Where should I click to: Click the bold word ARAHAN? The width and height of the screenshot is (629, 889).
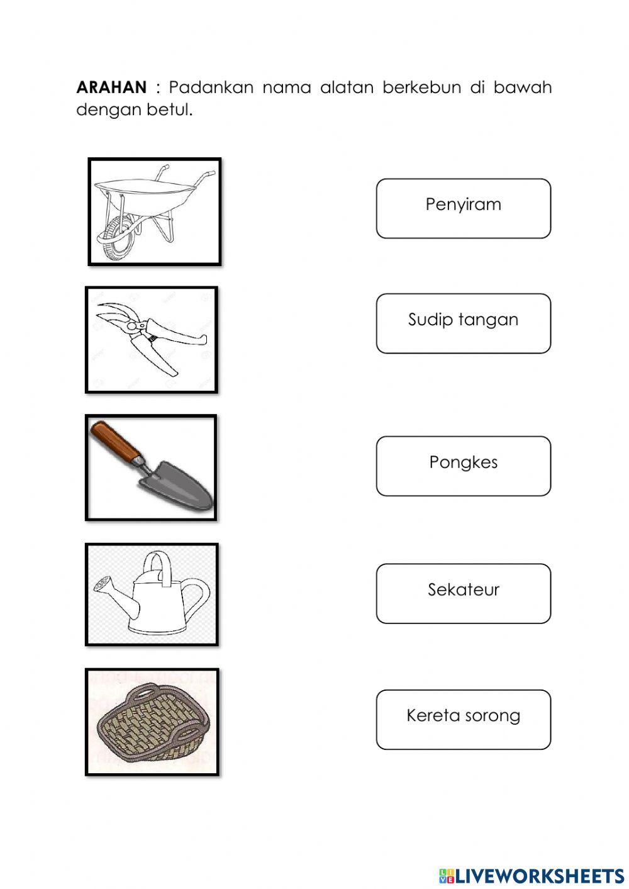click(x=111, y=87)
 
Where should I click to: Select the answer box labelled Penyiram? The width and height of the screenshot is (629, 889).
click(x=463, y=208)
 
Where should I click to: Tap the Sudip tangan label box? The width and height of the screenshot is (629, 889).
click(x=463, y=323)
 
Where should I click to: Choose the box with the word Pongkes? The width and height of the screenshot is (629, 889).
click(x=463, y=466)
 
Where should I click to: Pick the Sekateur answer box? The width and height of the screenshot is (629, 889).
click(x=463, y=593)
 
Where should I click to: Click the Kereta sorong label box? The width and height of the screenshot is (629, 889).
click(x=463, y=719)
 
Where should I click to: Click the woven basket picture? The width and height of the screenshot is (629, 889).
click(x=152, y=722)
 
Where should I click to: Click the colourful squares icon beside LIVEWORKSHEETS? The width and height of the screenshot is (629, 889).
click(x=447, y=875)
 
